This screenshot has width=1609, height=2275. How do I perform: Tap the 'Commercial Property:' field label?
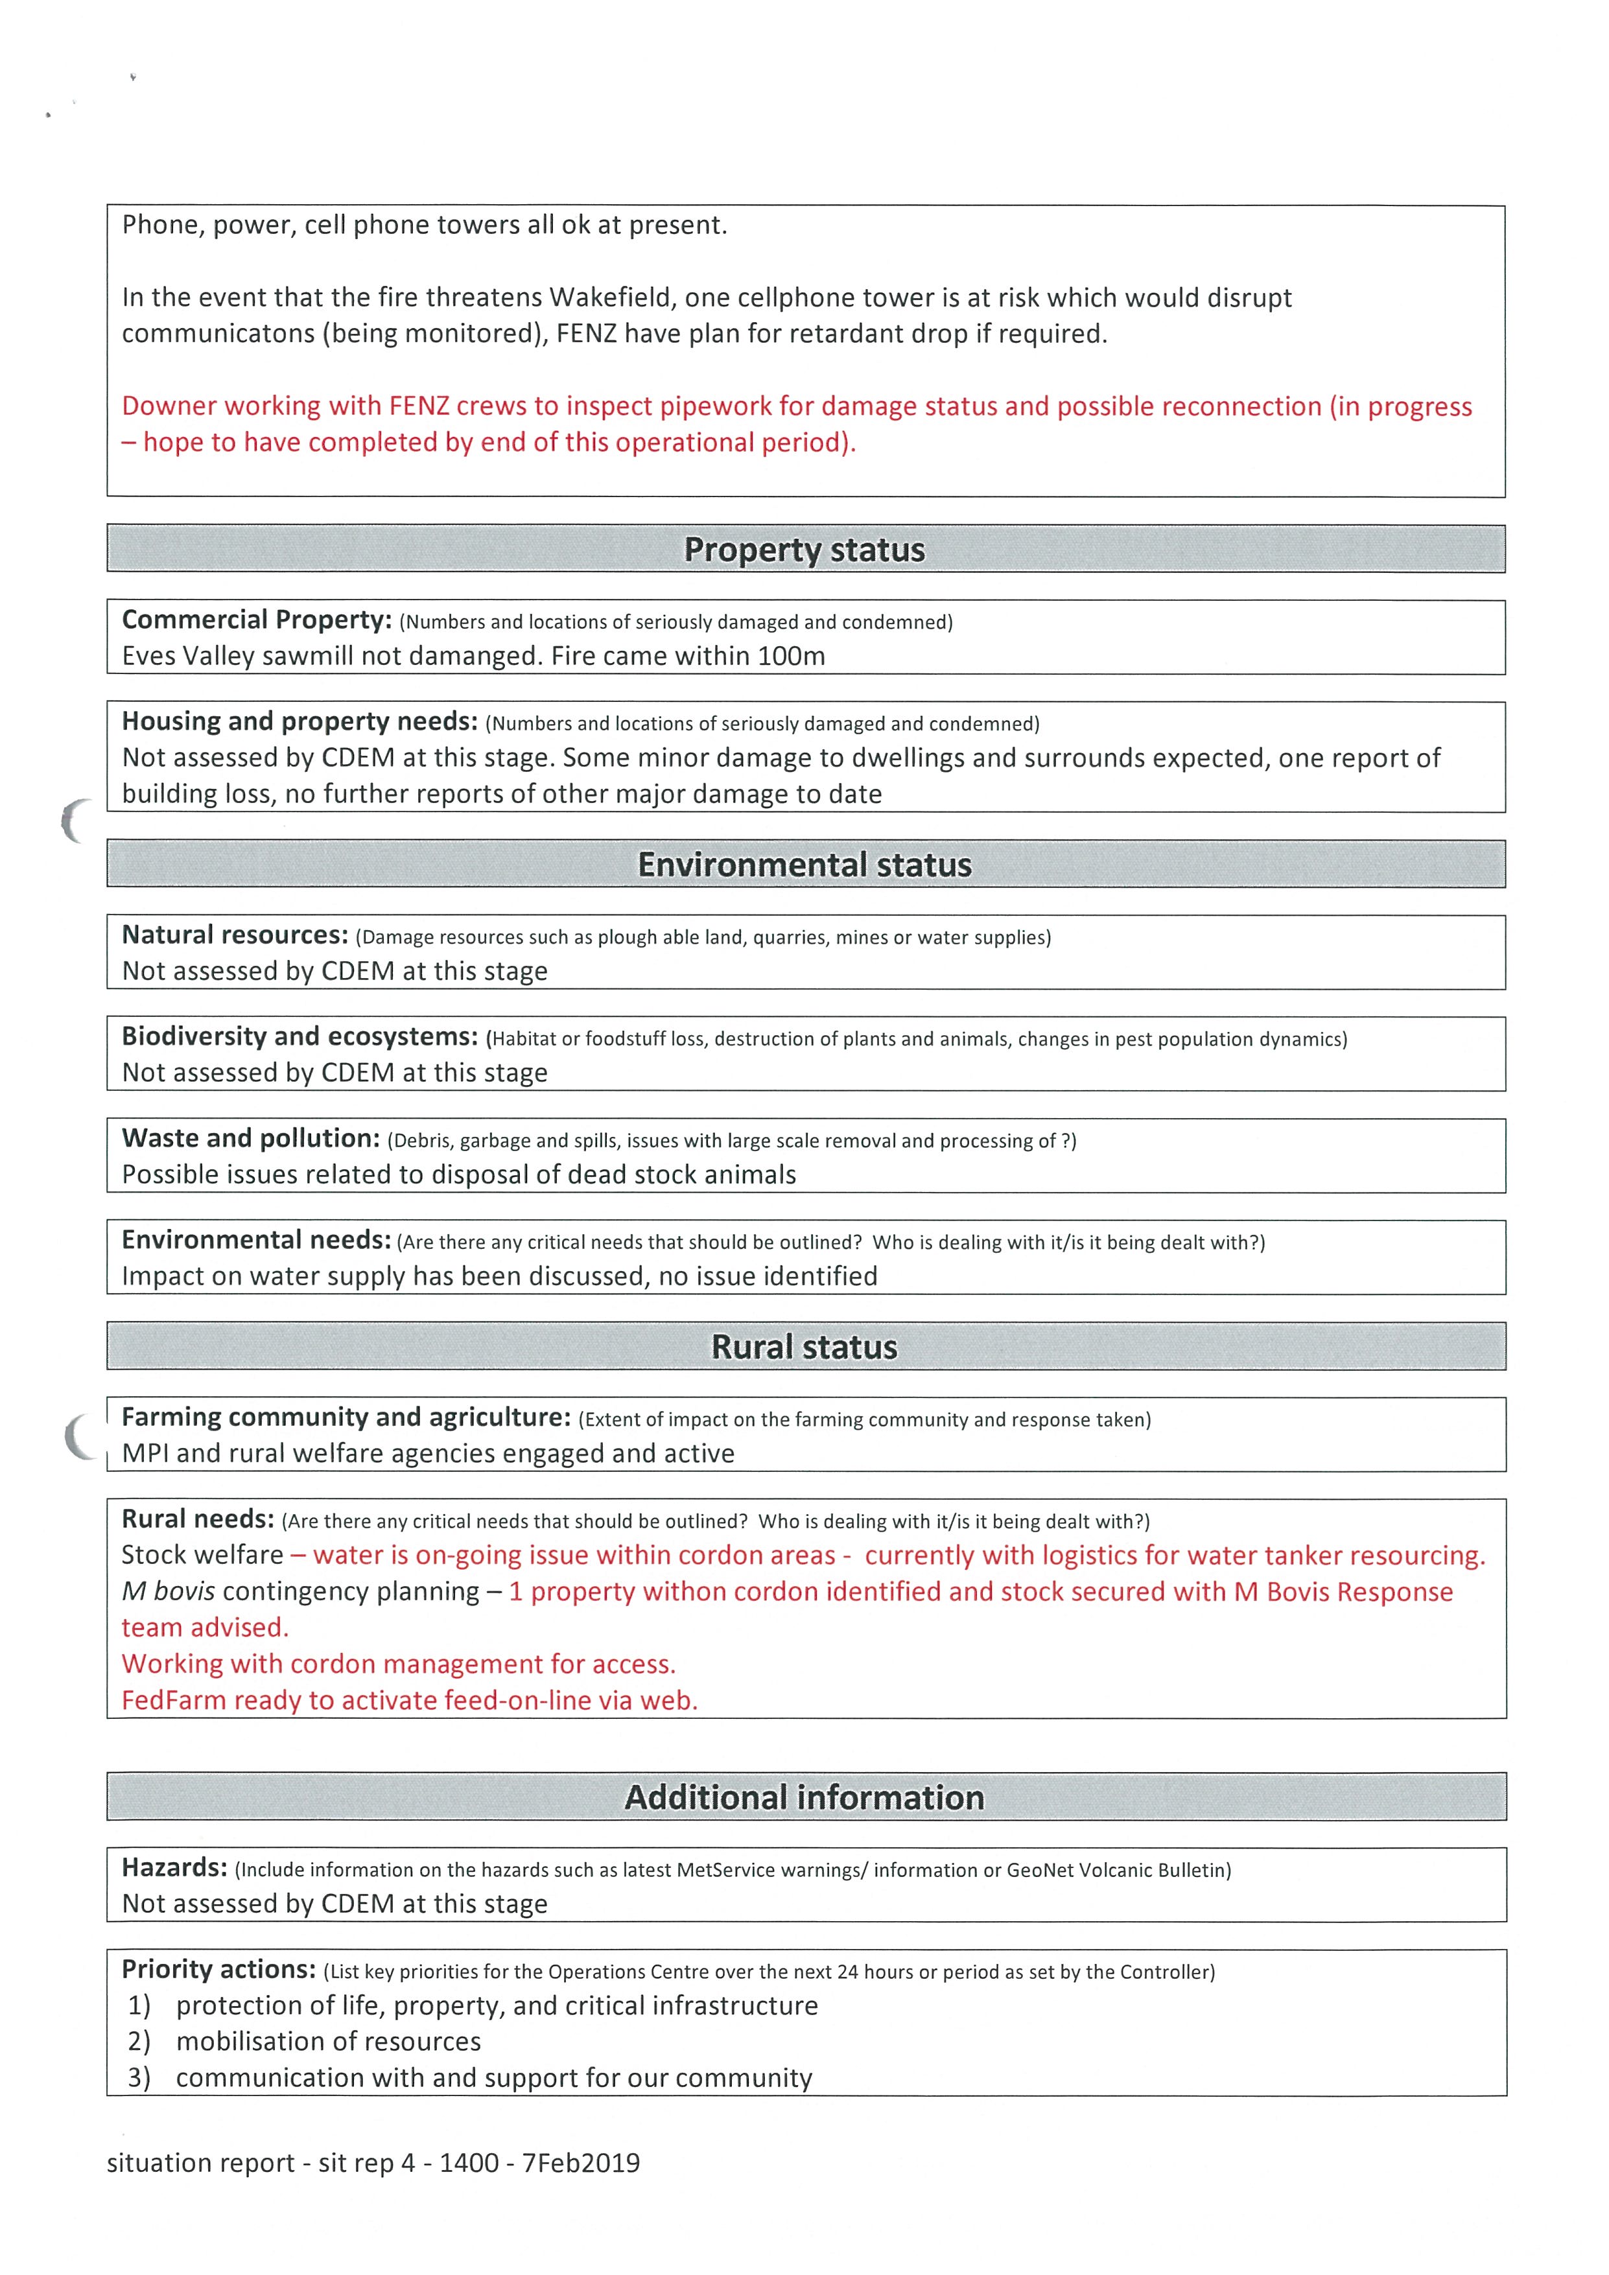[257, 620]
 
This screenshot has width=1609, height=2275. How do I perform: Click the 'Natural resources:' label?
[235, 935]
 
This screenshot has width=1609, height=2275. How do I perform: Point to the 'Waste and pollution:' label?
[251, 1139]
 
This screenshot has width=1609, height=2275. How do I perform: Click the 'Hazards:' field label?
[174, 1868]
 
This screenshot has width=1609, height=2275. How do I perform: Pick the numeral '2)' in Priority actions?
[139, 2042]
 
